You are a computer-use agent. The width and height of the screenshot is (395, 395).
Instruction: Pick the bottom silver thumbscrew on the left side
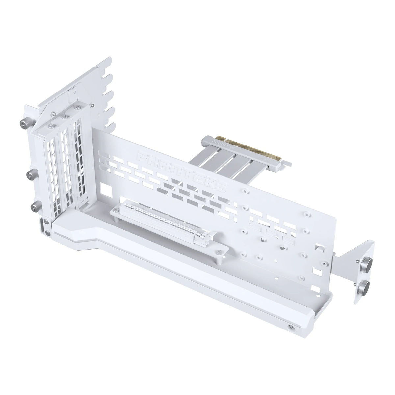34,208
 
